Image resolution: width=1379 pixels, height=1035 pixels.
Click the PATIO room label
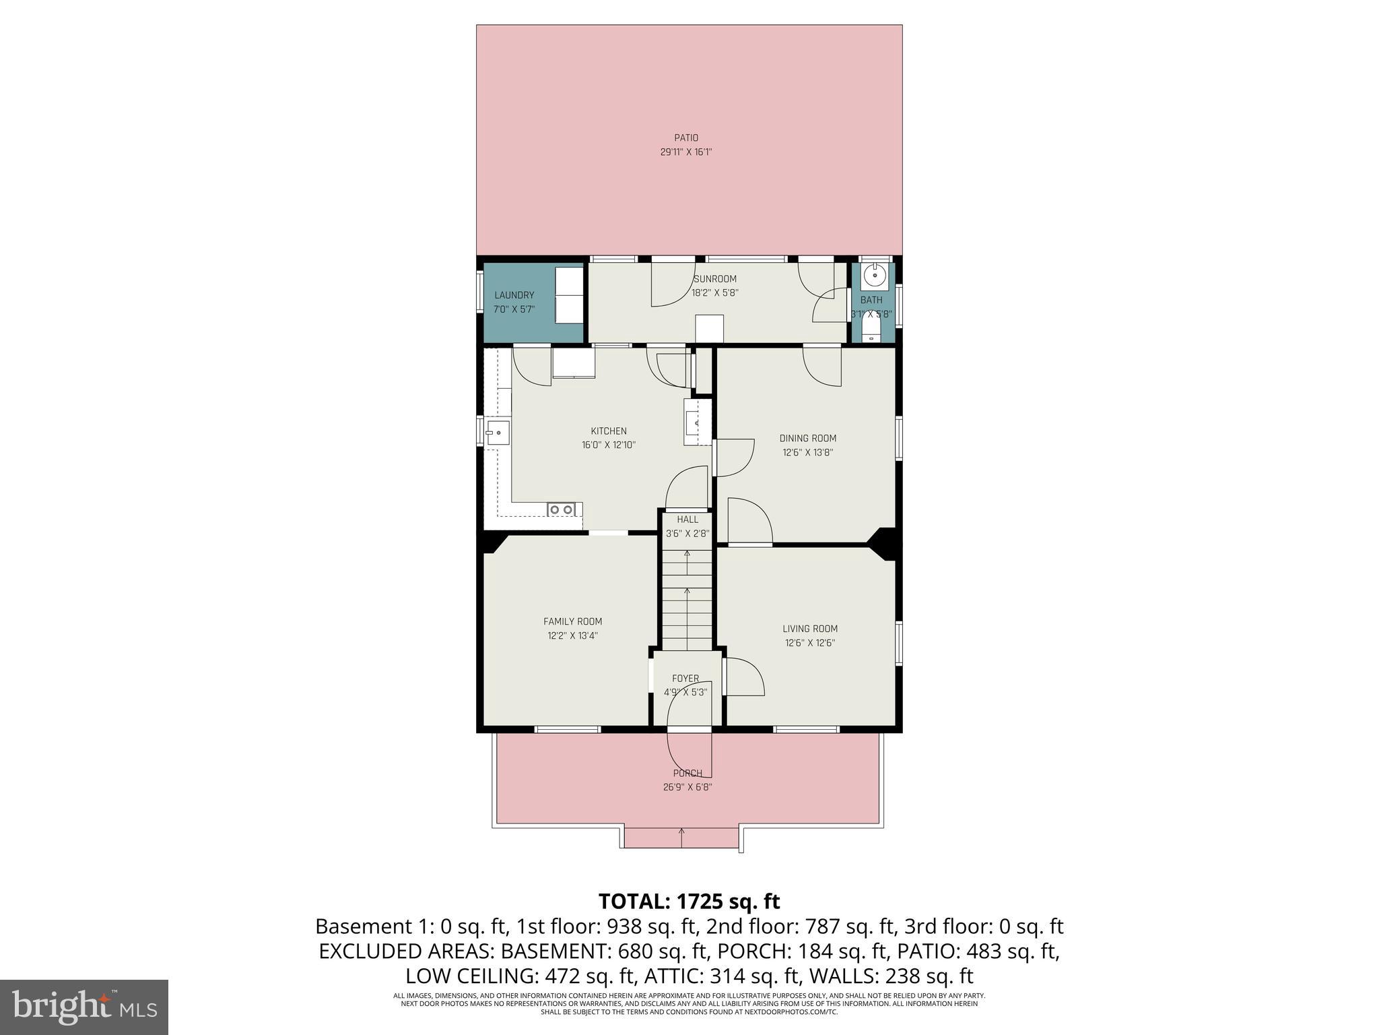[686, 138]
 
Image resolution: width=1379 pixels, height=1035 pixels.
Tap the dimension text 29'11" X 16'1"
[686, 152]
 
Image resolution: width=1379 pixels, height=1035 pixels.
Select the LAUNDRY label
[514, 295]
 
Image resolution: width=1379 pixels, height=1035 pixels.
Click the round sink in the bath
[875, 274]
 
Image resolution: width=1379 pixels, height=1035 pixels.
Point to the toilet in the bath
[871, 330]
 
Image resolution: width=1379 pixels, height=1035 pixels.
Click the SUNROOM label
[715, 279]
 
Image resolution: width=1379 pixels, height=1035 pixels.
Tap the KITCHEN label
[609, 431]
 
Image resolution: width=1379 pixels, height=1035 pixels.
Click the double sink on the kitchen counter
[561, 509]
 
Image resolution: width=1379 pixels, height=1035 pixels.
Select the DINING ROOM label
[808, 438]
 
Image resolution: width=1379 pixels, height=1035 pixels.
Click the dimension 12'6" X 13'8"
[808, 453]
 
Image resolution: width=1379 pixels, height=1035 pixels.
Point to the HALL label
[687, 520]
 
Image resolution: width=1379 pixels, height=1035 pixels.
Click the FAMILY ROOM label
[572, 621]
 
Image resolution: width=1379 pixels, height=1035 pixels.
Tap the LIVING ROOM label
[810, 629]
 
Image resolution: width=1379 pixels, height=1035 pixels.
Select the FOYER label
[685, 679]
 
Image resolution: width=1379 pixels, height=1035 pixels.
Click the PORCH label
[687, 774]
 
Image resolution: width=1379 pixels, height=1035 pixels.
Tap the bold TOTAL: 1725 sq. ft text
[689, 902]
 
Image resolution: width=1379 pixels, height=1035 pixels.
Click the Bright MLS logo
[84, 1007]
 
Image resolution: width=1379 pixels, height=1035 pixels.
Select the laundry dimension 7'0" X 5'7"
[514, 310]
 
